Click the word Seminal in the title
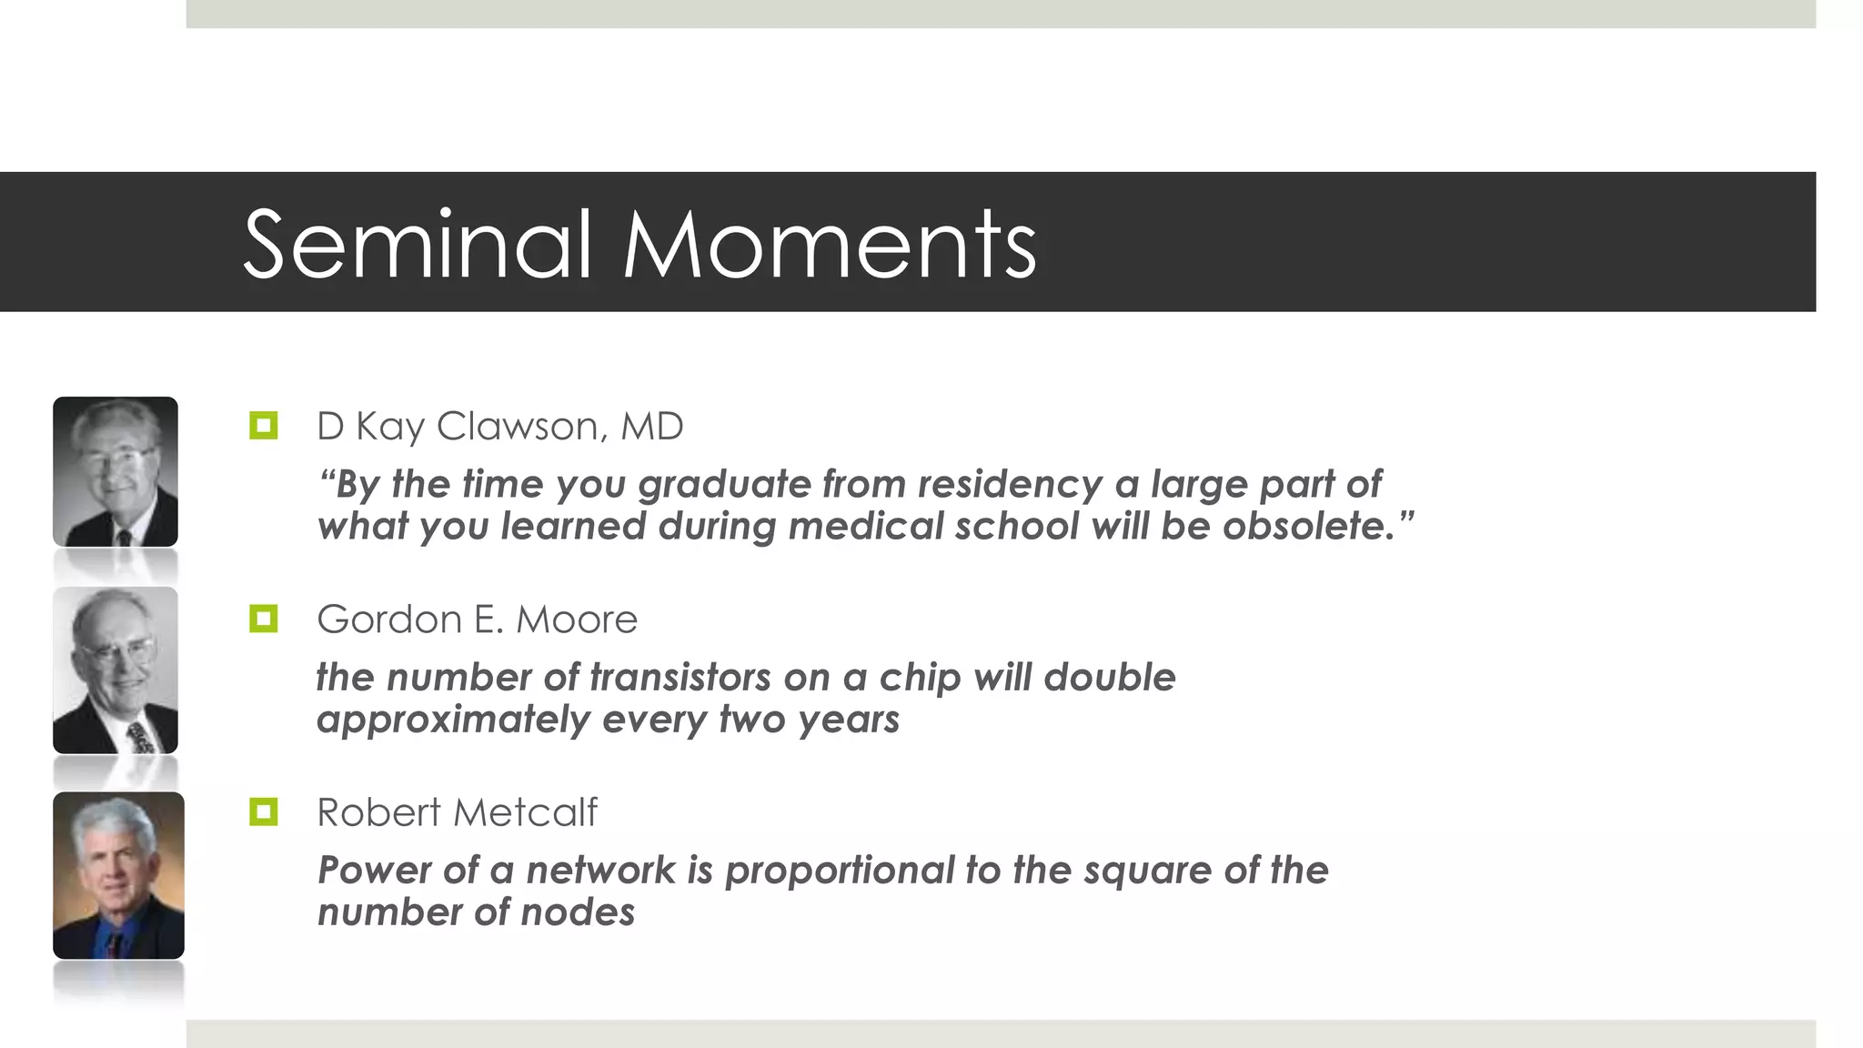tap(418, 244)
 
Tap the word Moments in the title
tap(829, 244)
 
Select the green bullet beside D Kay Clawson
tap(263, 425)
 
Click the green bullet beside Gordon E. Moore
tap(263, 620)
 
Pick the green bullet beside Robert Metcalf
tap(263, 811)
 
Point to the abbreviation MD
tap(651, 426)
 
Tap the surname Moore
tap(577, 620)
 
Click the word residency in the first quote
tap(1010, 484)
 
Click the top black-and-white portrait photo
tap(116, 471)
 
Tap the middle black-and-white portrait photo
tap(116, 670)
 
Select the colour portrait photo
tap(118, 875)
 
